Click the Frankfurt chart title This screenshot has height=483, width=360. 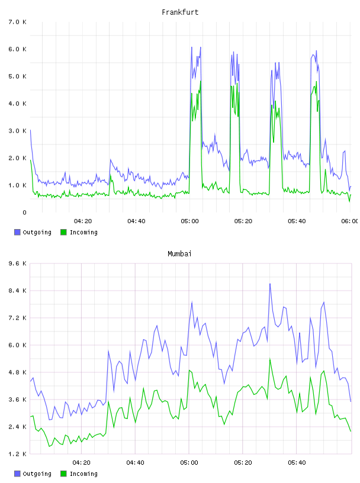(180, 12)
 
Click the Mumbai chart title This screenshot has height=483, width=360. (179, 254)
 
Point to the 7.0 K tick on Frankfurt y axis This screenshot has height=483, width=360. (18, 22)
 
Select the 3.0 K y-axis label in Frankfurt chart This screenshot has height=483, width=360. (18, 131)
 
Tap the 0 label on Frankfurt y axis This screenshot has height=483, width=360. (24, 212)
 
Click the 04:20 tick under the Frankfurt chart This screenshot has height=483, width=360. (83, 221)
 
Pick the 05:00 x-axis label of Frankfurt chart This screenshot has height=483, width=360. (190, 221)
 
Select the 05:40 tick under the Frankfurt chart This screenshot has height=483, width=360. (297, 221)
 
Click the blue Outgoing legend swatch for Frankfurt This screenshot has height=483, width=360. (17, 232)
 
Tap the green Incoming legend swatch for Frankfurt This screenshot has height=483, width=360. (63, 232)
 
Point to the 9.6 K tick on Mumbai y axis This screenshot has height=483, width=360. (18, 263)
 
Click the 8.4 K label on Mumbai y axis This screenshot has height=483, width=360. (18, 291)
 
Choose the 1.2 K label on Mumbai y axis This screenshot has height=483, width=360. (18, 454)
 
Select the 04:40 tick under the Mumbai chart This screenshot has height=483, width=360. (136, 463)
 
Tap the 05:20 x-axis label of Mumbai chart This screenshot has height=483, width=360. (243, 463)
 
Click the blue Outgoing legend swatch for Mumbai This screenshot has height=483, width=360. (17, 474)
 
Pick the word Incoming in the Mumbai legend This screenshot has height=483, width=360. (83, 474)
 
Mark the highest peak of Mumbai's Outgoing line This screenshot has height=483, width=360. (270, 284)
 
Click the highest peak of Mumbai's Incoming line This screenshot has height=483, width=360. (270, 359)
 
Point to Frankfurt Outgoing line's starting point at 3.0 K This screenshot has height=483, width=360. (30, 130)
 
